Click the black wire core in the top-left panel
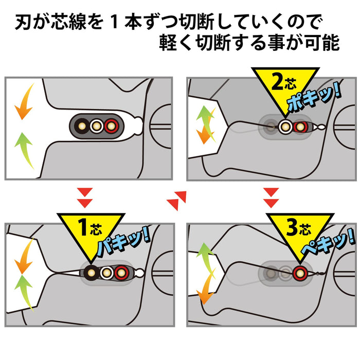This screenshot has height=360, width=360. click(x=82, y=124)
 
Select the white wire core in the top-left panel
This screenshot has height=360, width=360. click(x=96, y=124)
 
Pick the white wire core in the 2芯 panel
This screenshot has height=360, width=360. click(x=285, y=124)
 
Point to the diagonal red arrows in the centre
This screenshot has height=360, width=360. click(x=177, y=196)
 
